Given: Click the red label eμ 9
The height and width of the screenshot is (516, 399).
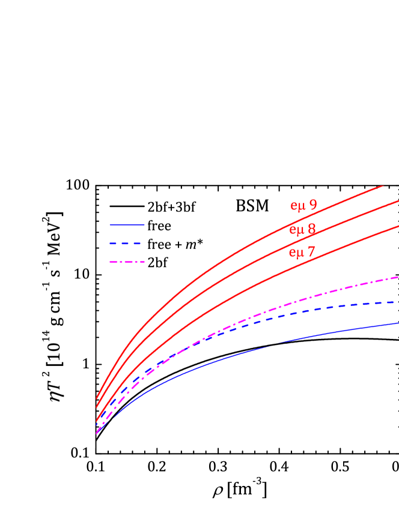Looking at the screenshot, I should (x=303, y=206).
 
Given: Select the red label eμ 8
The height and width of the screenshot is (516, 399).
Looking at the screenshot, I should (x=302, y=230).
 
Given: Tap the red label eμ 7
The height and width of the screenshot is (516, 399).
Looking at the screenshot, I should (x=302, y=253).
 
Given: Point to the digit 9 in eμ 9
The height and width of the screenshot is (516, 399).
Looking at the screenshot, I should (x=313, y=205).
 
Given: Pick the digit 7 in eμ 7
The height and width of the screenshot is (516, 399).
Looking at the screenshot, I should (x=311, y=252).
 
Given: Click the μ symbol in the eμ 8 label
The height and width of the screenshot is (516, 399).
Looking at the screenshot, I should (x=299, y=230).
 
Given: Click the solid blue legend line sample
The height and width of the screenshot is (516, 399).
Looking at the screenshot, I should (x=127, y=225).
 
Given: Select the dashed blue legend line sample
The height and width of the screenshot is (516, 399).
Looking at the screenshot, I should (x=125, y=244).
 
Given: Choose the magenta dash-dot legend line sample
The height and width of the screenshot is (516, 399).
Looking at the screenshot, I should (x=127, y=262).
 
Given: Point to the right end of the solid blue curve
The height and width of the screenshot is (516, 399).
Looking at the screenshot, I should (x=398, y=323).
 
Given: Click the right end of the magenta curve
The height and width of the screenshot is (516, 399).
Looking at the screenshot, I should (x=398, y=277).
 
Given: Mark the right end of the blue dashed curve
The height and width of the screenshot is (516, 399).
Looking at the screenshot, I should (x=397, y=302).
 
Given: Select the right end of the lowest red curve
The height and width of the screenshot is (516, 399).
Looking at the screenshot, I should (x=398, y=226).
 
